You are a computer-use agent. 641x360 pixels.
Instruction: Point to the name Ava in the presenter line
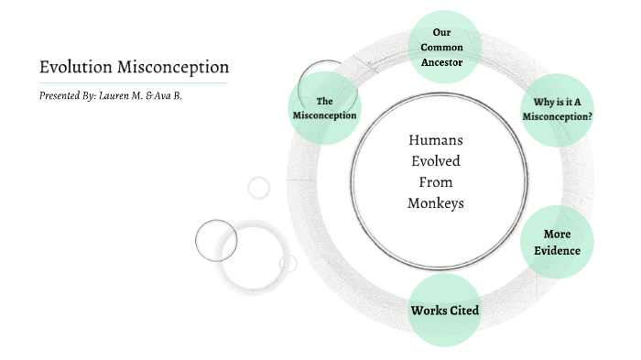click(x=166, y=95)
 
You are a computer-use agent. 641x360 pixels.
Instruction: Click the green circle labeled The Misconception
click(x=323, y=108)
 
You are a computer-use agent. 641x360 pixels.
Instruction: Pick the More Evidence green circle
click(x=557, y=242)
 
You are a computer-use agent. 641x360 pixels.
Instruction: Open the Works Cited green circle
click(x=445, y=310)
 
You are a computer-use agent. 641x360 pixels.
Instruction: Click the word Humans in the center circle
click(x=436, y=140)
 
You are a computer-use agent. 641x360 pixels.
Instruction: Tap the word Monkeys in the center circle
click(x=436, y=202)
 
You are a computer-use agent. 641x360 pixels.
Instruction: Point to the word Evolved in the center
click(x=436, y=161)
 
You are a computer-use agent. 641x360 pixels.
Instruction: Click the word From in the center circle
click(x=436, y=181)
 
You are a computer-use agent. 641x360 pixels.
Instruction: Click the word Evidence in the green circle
click(x=557, y=250)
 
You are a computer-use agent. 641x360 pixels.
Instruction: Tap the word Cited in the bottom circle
click(x=463, y=310)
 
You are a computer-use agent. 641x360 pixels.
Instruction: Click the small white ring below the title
click(x=259, y=188)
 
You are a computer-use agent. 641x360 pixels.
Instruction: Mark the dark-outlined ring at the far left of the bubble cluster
click(x=216, y=240)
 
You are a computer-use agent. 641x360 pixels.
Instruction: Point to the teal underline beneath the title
click(x=134, y=83)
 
